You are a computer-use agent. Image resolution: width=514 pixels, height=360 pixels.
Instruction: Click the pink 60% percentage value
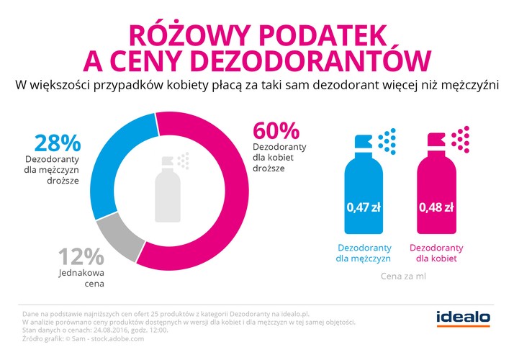275,132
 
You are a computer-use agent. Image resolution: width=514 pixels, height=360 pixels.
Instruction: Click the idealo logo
464,317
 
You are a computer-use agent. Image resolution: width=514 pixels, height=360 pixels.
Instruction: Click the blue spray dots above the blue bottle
387,140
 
